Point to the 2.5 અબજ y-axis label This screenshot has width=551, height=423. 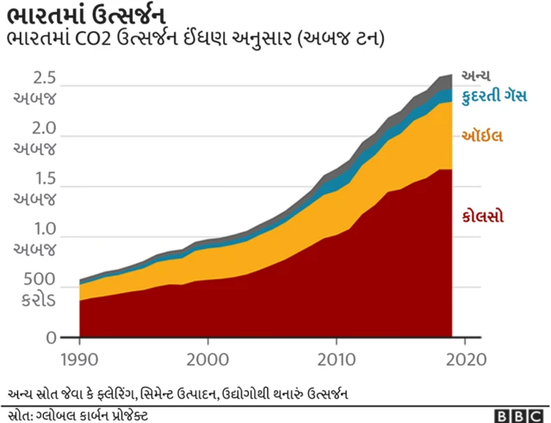pos(35,87)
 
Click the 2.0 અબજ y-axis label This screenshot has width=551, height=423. pos(35,138)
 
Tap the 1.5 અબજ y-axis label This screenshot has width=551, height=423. pos(35,188)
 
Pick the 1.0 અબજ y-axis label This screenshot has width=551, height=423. pos(35,239)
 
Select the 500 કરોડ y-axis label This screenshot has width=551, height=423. pos(35,290)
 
